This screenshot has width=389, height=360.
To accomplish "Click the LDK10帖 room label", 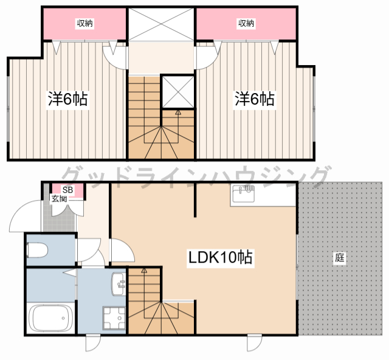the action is tap(220, 257).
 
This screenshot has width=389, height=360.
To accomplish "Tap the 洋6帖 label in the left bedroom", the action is tap(67, 99).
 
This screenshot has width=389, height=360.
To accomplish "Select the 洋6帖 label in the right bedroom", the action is tap(255, 99).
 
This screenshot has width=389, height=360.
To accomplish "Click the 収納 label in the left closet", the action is tap(85, 23).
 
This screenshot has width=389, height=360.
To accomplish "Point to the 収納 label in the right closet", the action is tap(246, 23).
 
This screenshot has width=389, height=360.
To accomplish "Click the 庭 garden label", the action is tap(340, 257).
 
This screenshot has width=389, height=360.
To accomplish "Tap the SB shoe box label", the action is tap(67, 190).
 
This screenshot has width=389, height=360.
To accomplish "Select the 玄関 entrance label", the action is tap(59, 199).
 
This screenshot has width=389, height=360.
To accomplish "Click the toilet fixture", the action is tap(37, 251).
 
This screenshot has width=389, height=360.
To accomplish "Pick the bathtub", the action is tap(51, 318).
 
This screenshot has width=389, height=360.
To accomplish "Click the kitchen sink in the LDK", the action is tap(243, 193).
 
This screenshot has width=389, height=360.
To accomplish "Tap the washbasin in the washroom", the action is tap(119, 284).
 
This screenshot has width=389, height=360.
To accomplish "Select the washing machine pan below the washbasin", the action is tap(114, 318).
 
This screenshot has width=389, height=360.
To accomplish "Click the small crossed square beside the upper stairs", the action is tap(178, 91).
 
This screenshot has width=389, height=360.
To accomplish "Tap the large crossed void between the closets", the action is tap(161, 24).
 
